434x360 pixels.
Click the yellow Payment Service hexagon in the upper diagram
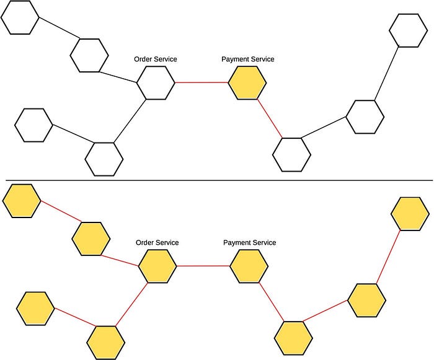point(247,83)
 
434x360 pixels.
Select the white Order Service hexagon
point(155,82)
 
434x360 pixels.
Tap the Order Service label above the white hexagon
point(156,59)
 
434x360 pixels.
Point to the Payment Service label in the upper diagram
point(247,59)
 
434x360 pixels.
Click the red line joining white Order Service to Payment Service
point(201,82)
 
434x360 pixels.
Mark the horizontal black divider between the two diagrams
point(217,181)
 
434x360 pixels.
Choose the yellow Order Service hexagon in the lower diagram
point(157,266)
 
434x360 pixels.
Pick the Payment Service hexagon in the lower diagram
point(249,266)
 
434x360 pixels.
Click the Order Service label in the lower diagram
point(157,243)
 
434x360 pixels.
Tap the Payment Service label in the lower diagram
point(249,243)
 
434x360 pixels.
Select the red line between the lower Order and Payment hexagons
point(203,266)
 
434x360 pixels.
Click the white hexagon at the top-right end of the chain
point(409,29)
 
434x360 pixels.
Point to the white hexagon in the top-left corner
point(20,17)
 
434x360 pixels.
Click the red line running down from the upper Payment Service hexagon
point(270,118)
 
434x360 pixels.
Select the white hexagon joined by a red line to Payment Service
point(291,154)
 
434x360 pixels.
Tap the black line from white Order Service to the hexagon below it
point(130,121)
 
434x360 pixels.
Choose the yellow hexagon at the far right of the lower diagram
point(410,213)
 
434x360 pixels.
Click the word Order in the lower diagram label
point(144,243)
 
